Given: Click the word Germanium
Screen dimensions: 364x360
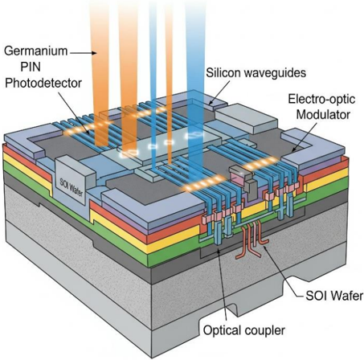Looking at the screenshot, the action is pos(35,51).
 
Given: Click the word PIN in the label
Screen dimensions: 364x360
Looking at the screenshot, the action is pos(31,67).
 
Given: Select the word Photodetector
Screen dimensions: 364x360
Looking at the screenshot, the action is pos(43,84).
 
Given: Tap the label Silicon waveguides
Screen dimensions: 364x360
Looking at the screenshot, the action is pos(256,73).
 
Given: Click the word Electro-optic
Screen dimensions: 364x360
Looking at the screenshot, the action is pos(321,99).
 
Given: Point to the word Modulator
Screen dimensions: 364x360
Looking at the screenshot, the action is pos(323,115).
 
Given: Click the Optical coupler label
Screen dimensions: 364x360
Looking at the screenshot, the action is pos(243,330).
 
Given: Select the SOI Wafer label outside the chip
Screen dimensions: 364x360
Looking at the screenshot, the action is pos(334,296).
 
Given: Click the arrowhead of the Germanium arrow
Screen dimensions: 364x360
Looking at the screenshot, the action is pos(94,53).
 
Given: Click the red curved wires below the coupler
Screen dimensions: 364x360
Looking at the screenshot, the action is pos(252,239).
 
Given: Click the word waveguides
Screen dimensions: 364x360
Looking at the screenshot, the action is pos(277,73).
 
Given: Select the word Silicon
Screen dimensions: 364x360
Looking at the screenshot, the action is pos(226,72).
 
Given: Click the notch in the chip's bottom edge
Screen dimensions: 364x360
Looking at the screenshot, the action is pos(232,312).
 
